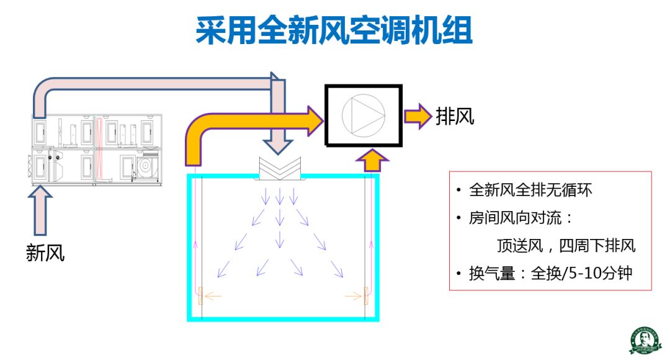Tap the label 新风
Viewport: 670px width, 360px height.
pos(45,253)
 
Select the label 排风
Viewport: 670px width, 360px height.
pos(455,116)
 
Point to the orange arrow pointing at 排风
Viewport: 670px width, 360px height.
pos(418,116)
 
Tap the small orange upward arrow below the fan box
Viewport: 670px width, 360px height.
pos(372,160)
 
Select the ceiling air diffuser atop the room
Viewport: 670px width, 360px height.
pos(280,169)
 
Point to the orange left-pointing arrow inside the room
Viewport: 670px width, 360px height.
pos(212,296)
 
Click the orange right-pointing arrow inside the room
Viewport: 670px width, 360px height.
pos(354,296)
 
